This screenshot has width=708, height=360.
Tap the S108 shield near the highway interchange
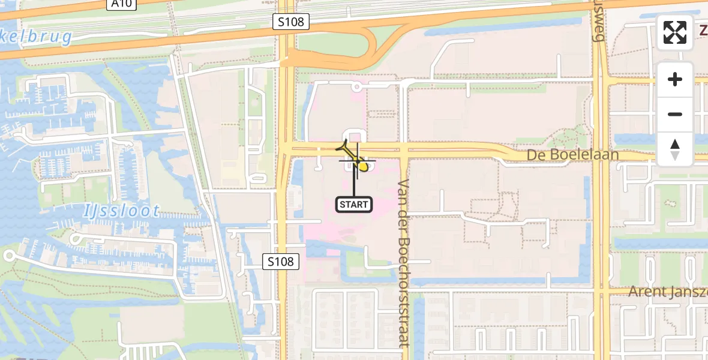[291, 22]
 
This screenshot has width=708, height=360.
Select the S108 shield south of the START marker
[281, 262]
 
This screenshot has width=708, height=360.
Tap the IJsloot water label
[122, 211]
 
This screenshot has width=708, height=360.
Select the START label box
[354, 205]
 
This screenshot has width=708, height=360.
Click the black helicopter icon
[347, 147]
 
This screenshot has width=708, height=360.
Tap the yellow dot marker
[362, 166]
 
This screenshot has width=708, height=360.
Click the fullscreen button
[675, 32]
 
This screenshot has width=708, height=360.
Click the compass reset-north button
[675, 149]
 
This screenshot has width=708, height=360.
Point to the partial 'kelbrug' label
[36, 37]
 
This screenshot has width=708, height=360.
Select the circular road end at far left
[8, 256]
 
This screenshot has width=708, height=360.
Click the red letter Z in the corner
[703, 29]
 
